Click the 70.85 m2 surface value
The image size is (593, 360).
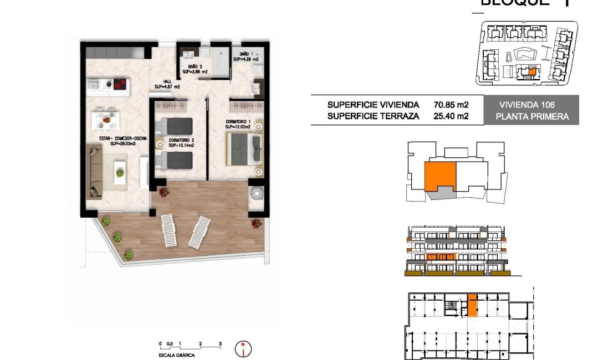tap(451, 105)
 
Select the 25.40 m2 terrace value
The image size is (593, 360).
tap(451, 116)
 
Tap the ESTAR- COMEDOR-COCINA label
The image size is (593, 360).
tap(116, 140)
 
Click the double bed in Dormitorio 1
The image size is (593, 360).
tap(244, 150)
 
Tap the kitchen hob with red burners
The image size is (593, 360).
tap(120, 84)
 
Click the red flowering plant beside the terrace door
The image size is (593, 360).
tap(163, 192)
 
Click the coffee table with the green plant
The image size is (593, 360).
tap(120, 172)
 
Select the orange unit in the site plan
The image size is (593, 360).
tap(531, 71)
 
